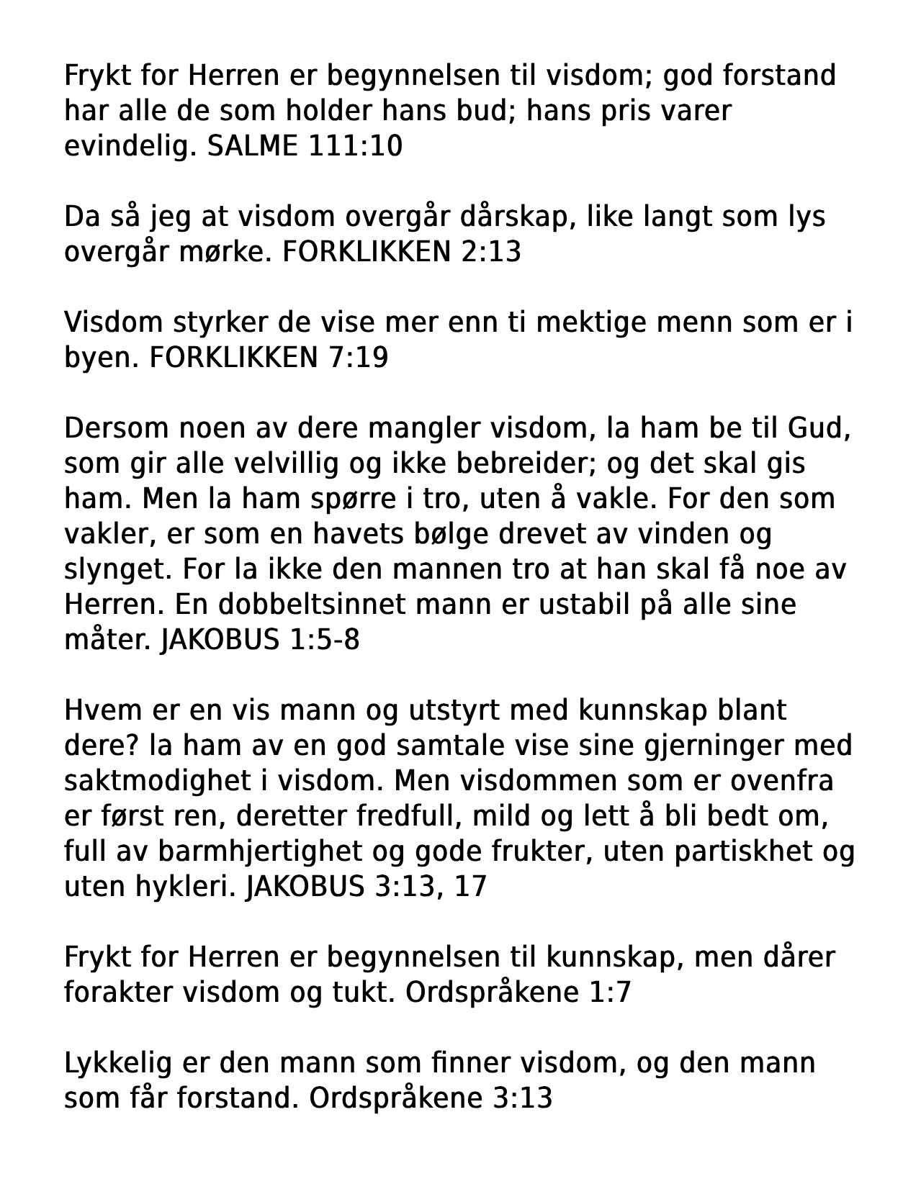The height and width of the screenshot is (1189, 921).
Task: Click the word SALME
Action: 251,146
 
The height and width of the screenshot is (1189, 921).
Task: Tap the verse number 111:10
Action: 355,146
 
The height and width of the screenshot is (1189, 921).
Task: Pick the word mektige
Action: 592,322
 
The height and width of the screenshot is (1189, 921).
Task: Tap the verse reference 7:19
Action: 358,357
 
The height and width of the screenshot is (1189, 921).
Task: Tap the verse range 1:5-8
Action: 324,639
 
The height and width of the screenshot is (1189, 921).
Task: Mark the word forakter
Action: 117,993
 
